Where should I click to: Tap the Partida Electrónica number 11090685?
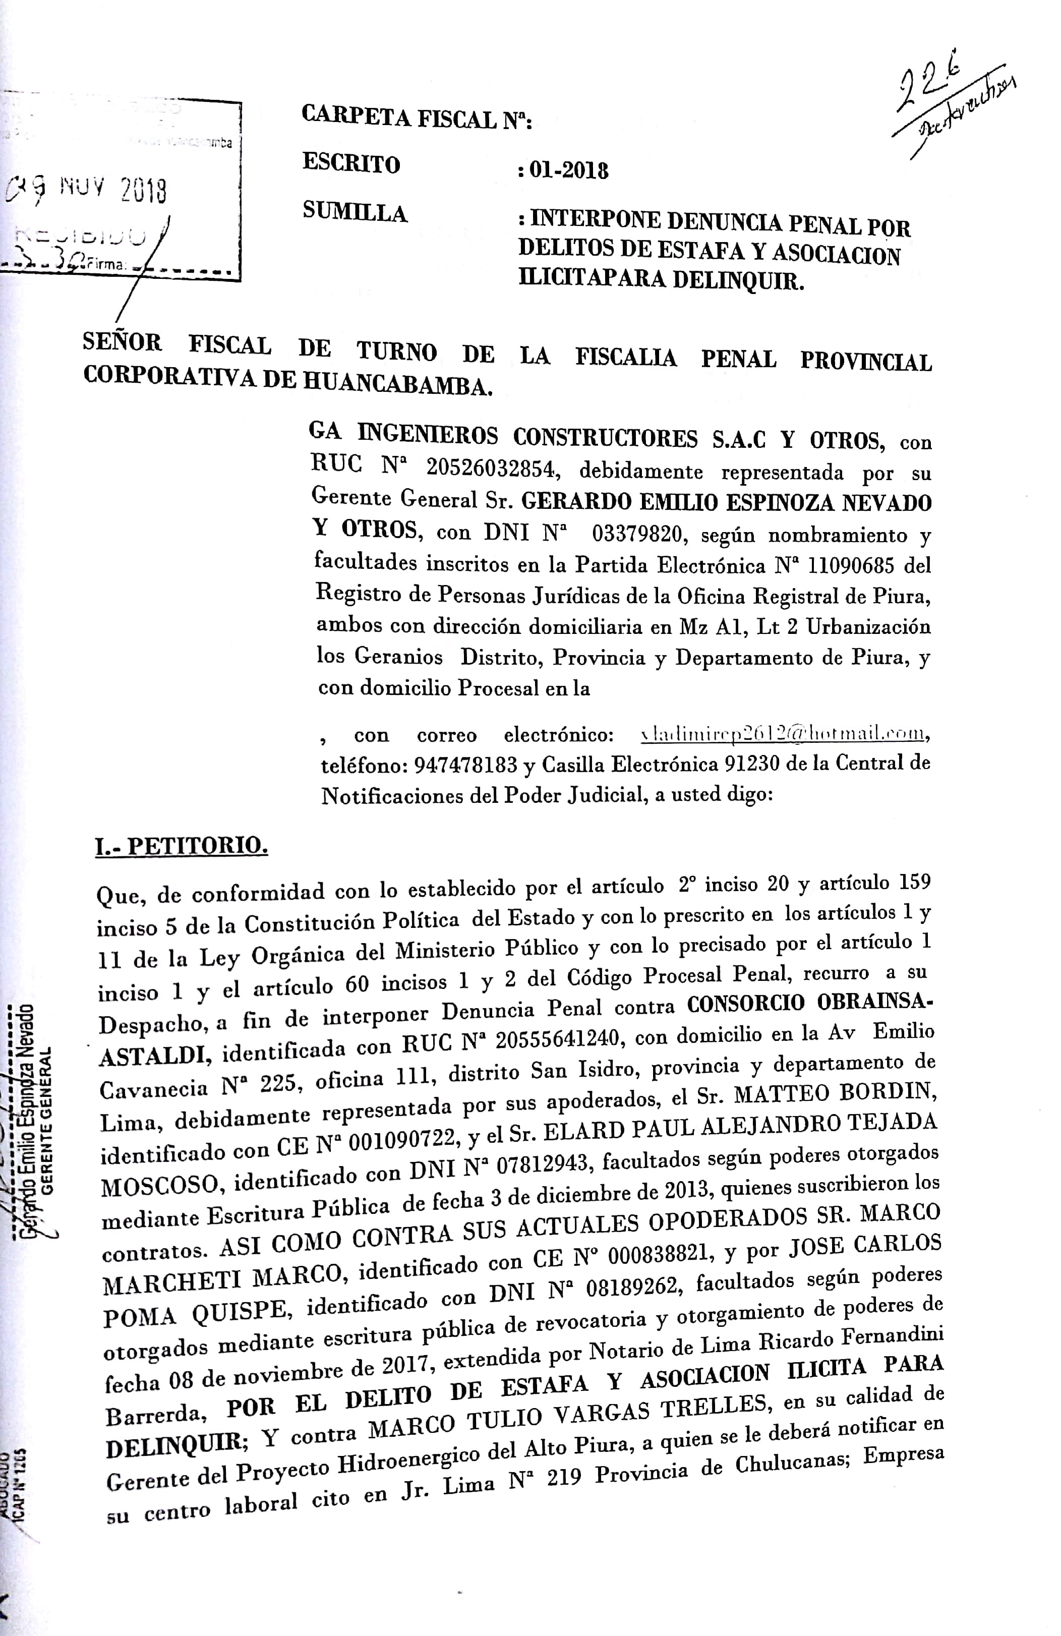point(851,565)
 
